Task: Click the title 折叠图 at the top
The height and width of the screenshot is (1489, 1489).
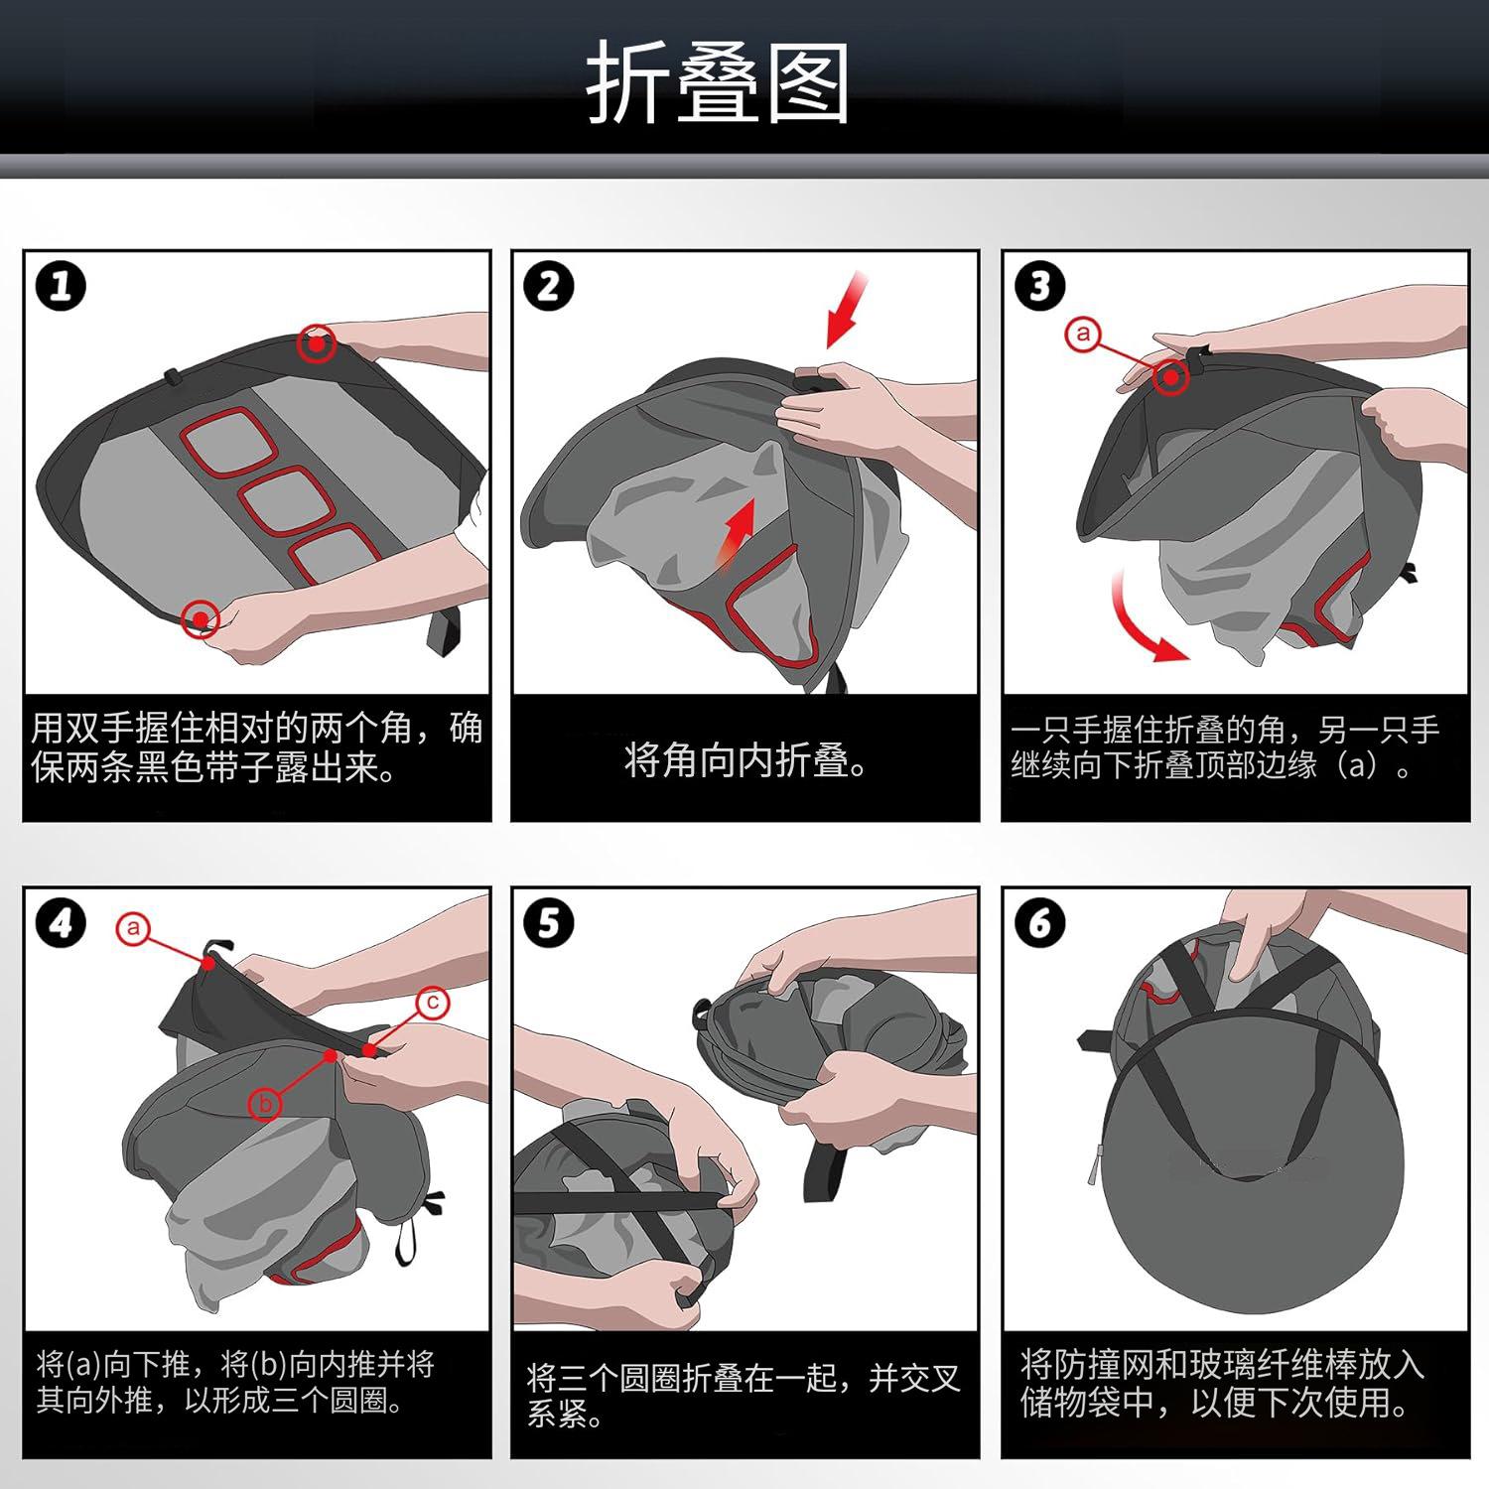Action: click(717, 83)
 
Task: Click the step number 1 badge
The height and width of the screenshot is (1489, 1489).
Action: click(61, 287)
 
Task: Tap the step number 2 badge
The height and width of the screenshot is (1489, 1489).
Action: click(549, 287)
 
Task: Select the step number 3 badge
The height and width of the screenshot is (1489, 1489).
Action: click(1039, 287)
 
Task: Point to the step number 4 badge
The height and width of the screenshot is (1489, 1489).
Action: click(61, 924)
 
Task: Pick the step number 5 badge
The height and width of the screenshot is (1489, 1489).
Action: click(549, 924)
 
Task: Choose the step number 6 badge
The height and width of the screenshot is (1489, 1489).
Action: click(1039, 924)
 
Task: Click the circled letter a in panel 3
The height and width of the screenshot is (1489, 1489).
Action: click(1082, 334)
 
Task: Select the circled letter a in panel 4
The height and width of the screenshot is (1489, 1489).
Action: click(132, 929)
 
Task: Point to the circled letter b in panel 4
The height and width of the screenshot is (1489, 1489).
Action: click(266, 1103)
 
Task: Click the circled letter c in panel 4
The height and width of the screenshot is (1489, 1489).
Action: click(433, 1003)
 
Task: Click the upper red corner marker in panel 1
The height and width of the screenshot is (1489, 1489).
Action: click(317, 343)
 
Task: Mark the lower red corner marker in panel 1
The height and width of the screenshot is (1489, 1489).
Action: click(202, 619)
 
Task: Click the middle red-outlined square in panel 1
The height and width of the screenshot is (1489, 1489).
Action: click(284, 501)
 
